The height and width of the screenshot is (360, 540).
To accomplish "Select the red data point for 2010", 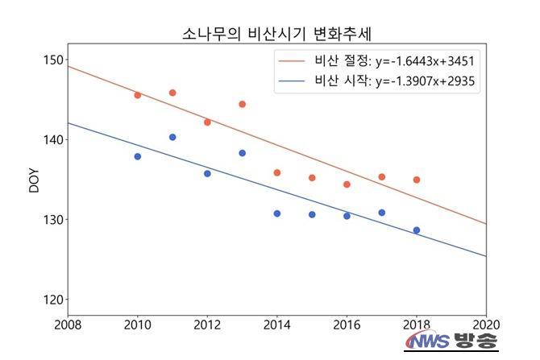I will (x=138, y=95).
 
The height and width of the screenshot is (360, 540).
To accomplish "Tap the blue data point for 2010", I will (x=138, y=156).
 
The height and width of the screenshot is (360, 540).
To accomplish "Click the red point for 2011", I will (x=172, y=93).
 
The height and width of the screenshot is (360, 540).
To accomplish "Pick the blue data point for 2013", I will (x=242, y=153).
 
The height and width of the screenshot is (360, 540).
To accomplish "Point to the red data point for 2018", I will (x=417, y=180).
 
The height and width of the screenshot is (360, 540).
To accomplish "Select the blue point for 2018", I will (x=417, y=230).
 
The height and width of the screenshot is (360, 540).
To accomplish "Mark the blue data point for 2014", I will (x=277, y=213).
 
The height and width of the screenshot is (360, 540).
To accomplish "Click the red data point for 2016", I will (x=347, y=184).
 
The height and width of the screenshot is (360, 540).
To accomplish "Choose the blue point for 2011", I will (x=172, y=137).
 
